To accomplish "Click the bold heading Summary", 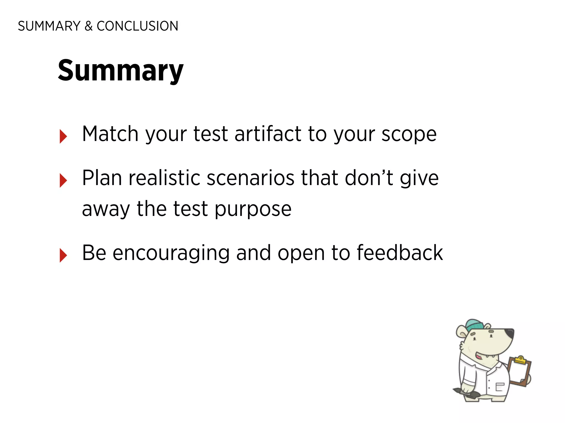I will [x=121, y=71].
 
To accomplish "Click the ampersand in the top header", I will [x=88, y=26].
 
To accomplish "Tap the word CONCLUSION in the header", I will [x=137, y=26].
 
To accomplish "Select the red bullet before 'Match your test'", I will [x=63, y=136].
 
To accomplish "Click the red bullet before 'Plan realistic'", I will [x=63, y=180].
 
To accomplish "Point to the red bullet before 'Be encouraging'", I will [x=63, y=255].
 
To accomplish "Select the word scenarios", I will [x=250, y=178].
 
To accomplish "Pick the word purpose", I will [x=253, y=209].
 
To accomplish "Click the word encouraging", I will [x=171, y=253].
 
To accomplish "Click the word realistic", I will [x=164, y=178].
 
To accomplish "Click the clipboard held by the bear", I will [x=519, y=372].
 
